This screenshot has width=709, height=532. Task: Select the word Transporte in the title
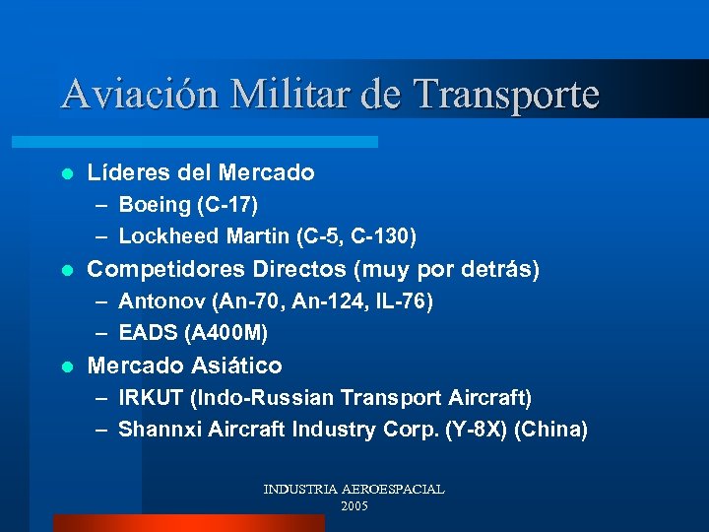click(x=506, y=95)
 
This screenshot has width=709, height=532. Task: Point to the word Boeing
click(x=155, y=205)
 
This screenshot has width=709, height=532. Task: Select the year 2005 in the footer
click(x=354, y=505)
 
